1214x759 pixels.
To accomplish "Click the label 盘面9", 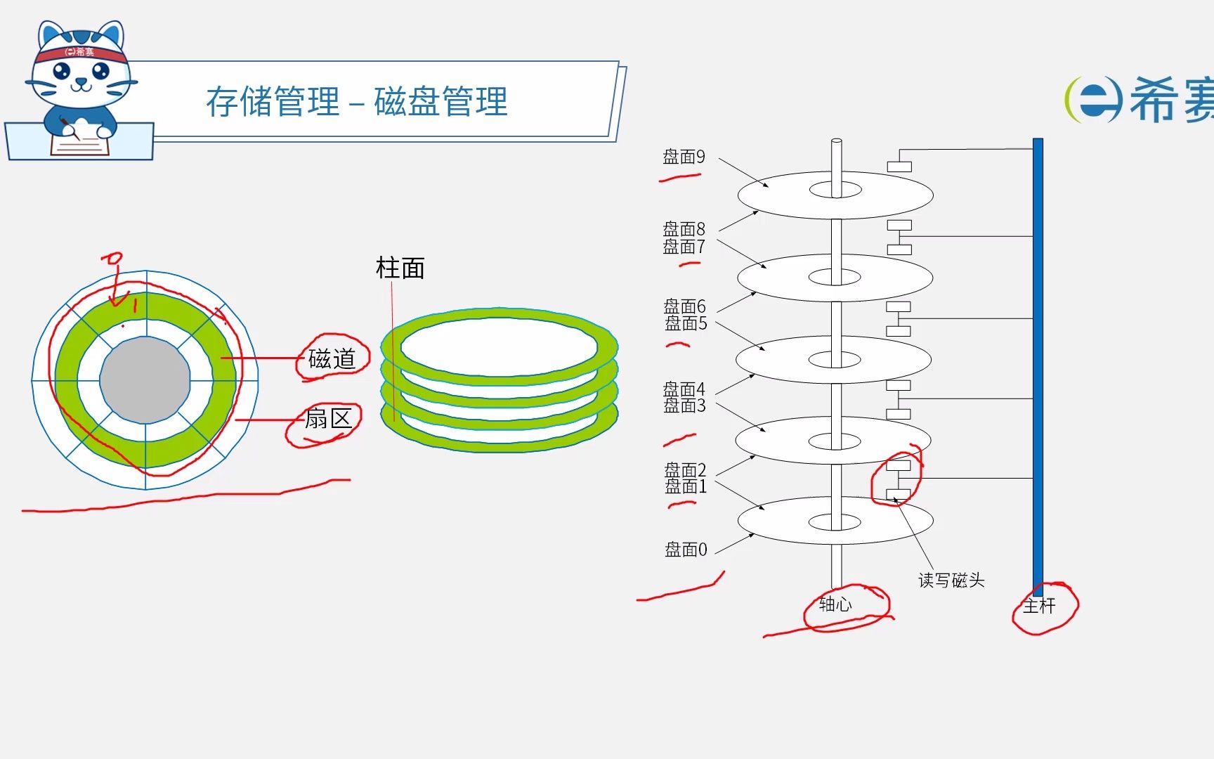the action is [x=684, y=157].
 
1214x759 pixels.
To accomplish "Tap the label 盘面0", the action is [x=686, y=550].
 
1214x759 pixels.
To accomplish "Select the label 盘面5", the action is [x=686, y=323].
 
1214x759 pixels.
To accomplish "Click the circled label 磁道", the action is [x=332, y=359].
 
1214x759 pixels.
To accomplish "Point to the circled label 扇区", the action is [x=328, y=419].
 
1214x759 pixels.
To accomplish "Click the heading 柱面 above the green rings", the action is [x=400, y=268].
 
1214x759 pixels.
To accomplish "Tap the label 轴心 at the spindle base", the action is [x=835, y=604].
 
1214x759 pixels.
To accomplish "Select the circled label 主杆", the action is [x=1039, y=606].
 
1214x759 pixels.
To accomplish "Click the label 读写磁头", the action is [x=951, y=580].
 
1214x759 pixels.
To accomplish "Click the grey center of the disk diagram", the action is [x=145, y=380].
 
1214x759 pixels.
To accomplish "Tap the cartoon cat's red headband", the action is [x=80, y=53].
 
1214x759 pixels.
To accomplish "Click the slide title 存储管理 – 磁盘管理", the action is [x=357, y=102].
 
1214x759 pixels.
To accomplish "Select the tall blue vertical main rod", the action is [x=1038, y=365].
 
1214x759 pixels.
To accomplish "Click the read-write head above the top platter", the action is [x=899, y=167].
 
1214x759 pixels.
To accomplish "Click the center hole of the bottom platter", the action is [x=835, y=522].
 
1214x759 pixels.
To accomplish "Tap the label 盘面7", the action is [x=684, y=247].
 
